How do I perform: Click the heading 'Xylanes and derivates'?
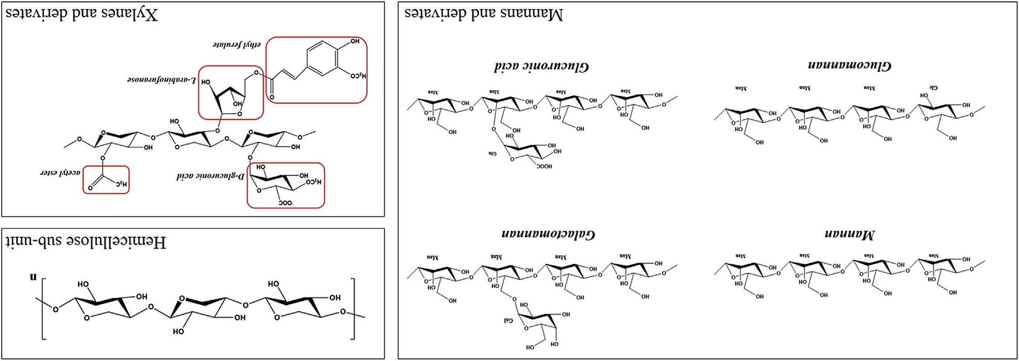[x=82, y=14]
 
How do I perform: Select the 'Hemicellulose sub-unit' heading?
[x=86, y=242]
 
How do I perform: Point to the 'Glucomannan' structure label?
[x=850, y=65]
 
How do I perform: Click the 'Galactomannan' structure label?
[x=548, y=234]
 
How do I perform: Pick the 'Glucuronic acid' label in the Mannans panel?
[x=541, y=67]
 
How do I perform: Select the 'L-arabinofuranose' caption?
[x=161, y=80]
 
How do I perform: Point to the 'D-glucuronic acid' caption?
[x=210, y=176]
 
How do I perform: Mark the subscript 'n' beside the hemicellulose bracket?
[x=33, y=277]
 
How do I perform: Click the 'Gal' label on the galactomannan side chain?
[x=508, y=321]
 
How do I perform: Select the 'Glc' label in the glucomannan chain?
[x=934, y=87]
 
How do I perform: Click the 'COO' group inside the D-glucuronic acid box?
[x=286, y=202]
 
